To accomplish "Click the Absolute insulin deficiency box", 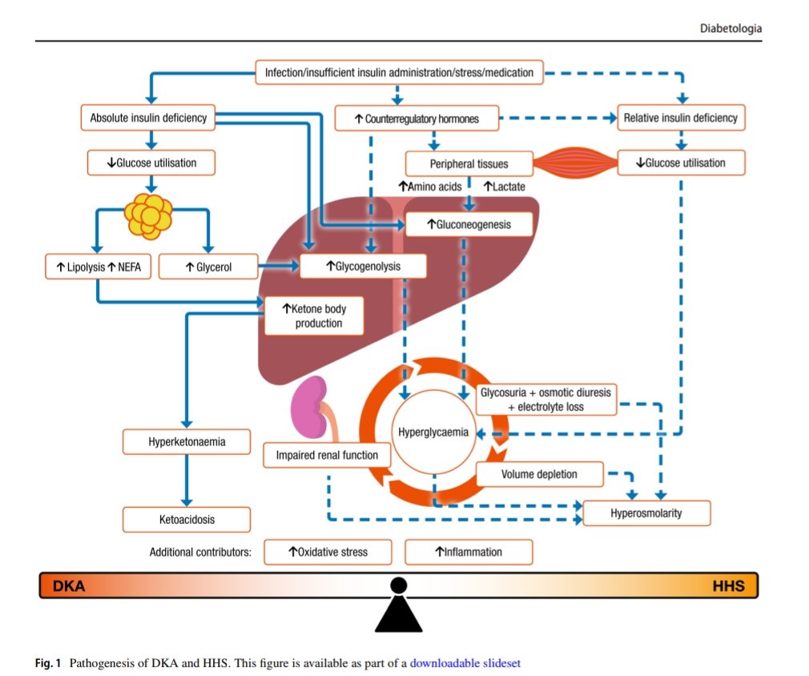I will [148, 119].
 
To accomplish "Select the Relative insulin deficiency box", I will [680, 119].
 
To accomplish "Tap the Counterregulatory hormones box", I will [417, 119].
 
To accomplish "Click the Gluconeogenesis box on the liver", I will [469, 223].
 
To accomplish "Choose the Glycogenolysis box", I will [363, 266].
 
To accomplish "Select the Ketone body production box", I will [316, 316].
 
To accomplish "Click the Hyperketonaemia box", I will [187, 441].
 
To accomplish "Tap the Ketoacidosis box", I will [187, 519].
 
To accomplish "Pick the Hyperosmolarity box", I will [646, 513].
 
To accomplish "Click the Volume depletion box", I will [539, 474].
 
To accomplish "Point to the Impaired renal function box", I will [327, 455].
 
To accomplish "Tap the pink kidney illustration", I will [308, 404].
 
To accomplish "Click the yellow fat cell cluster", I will [148, 214].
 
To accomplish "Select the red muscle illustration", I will [574, 163].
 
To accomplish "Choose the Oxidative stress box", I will [328, 552].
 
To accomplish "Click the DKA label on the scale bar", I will [69, 586].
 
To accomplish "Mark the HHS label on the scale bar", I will [728, 586].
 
